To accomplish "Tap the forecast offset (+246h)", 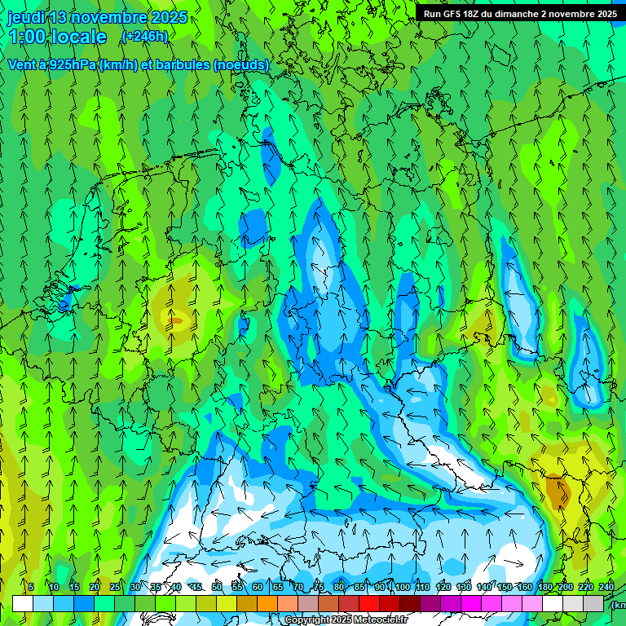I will click(144, 37).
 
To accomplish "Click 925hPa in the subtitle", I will click(68, 64).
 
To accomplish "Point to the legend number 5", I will click(31, 587).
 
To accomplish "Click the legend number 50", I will click(216, 587).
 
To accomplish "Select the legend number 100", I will click(402, 587).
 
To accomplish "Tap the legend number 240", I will click(606, 587).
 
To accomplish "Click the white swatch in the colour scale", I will click(23, 603).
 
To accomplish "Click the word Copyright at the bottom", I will click(306, 620).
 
